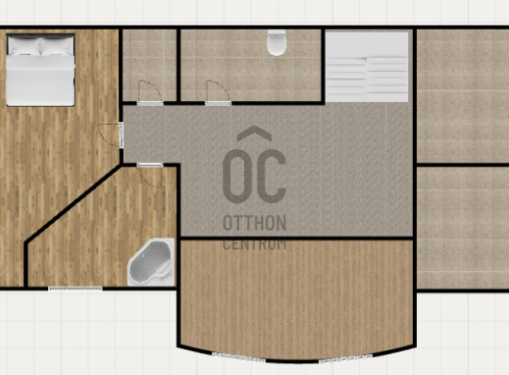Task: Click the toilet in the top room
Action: [x=277, y=42]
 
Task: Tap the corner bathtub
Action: [x=152, y=262]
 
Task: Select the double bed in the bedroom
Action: [x=40, y=69]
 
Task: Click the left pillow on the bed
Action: [x=23, y=46]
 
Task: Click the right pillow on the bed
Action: [x=57, y=46]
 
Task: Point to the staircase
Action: [x=367, y=66]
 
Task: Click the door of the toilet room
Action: [x=218, y=93]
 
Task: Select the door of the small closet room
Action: [x=150, y=93]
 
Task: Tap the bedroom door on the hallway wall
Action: [x=111, y=135]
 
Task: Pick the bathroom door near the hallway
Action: [x=150, y=175]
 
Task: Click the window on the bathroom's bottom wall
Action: [x=75, y=288]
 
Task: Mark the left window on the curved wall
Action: [x=239, y=357]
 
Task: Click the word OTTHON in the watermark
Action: [x=254, y=223]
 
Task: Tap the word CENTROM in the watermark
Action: [x=254, y=244]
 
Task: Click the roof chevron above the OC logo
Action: [x=254, y=133]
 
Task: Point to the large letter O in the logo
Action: [x=237, y=176]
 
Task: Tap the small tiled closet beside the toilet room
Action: [x=149, y=65]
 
